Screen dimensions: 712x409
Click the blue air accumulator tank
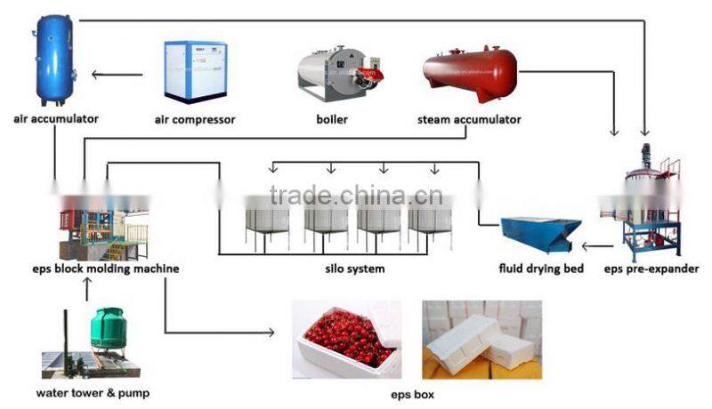click(x=54, y=60)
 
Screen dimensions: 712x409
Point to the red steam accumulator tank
click(x=470, y=73)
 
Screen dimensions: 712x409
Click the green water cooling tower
click(x=107, y=328)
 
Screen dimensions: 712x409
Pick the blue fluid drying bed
click(x=541, y=235)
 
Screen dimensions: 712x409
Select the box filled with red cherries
click(x=346, y=340)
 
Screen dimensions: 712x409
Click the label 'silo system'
click(x=355, y=269)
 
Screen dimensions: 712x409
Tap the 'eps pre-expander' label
click(x=651, y=269)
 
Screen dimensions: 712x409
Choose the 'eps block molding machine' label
click(x=106, y=269)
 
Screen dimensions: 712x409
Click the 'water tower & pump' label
click(x=93, y=393)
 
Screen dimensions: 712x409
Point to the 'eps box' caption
click(x=412, y=395)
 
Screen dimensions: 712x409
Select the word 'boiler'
click(x=332, y=120)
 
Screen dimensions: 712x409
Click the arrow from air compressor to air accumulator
click(x=117, y=75)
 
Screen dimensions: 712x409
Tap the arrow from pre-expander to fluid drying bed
click(x=598, y=247)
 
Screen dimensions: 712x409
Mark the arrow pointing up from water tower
click(x=86, y=289)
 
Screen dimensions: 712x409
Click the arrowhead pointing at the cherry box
click(x=271, y=333)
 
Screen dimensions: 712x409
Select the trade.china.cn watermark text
click(x=356, y=196)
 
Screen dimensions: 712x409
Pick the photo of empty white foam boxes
click(x=482, y=340)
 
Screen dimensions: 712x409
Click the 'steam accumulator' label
click(x=469, y=120)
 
